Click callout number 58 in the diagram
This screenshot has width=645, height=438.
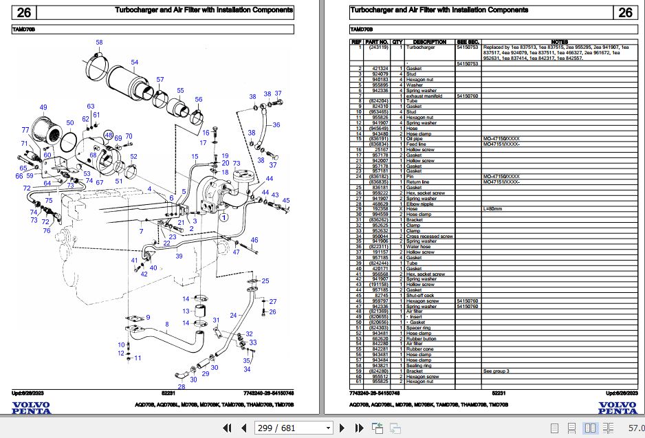pos(99,43)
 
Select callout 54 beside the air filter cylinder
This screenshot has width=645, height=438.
pos(135,63)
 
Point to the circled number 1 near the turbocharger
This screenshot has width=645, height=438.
pos(223,217)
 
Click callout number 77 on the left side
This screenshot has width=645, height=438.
pos(25,130)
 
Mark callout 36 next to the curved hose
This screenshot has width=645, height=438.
pos(276,125)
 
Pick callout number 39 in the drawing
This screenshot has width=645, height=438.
pos(179,256)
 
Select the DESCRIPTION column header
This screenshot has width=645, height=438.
pos(429,42)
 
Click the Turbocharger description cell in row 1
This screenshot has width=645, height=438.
pos(420,47)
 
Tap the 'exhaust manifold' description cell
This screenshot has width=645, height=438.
pos(424,96)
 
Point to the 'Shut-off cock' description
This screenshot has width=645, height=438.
pos(421,295)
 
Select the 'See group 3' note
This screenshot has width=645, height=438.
pos(496,371)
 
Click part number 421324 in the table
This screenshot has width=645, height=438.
pos(380,69)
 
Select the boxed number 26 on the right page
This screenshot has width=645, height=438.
pos(625,12)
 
